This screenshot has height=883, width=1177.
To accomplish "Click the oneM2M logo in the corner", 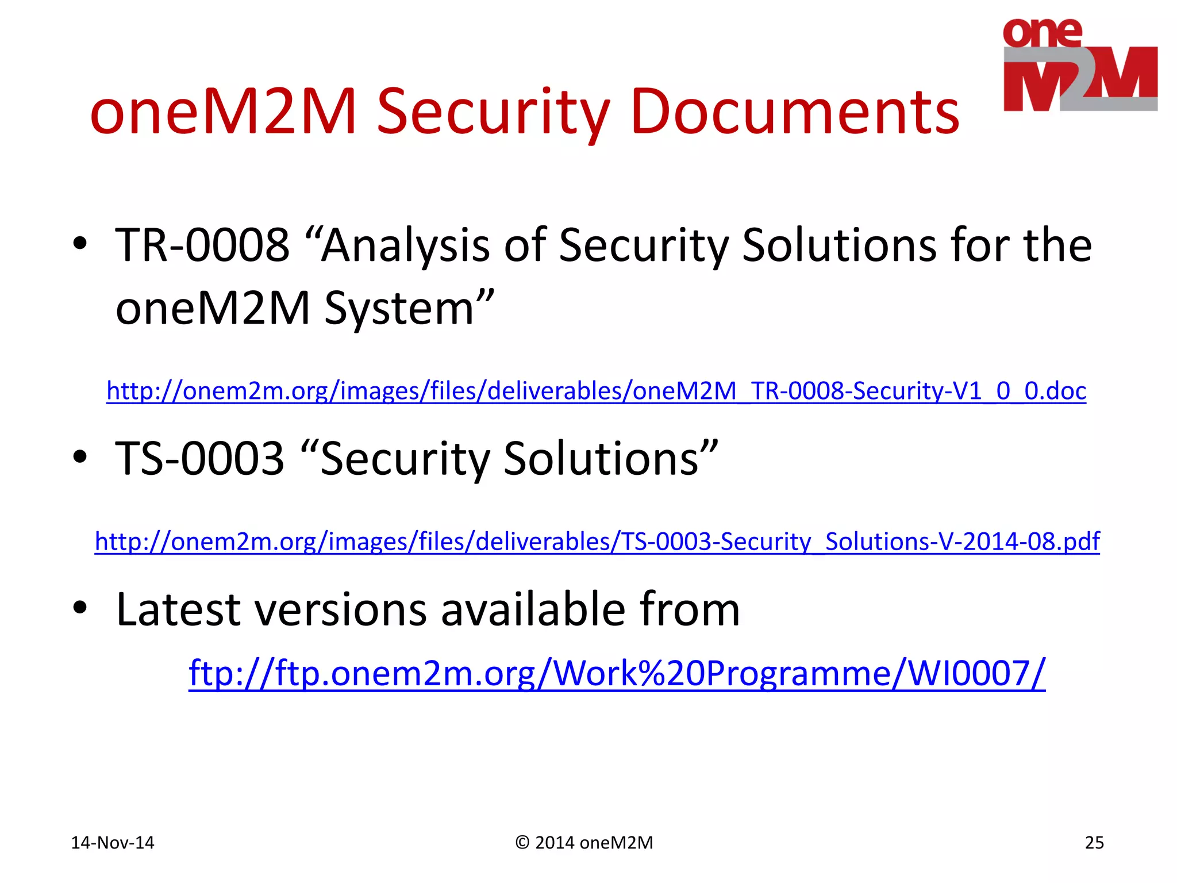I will point(1080,65).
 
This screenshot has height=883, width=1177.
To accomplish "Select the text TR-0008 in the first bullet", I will point(202,245).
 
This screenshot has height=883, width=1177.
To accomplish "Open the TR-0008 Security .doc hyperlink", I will point(596,391).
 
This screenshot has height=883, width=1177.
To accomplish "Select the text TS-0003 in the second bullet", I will point(200,459).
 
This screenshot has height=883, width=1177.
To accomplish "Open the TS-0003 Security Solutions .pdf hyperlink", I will point(597,542).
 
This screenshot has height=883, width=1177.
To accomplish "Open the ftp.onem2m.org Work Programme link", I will point(617,673).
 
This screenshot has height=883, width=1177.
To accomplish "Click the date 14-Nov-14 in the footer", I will point(113,843).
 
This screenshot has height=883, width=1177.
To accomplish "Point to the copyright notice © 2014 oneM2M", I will point(584,843).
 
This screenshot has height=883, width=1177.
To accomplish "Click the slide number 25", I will point(1094,843).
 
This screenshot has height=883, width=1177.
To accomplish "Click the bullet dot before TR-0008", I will point(80,244).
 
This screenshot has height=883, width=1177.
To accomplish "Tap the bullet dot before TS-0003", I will point(80,457).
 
